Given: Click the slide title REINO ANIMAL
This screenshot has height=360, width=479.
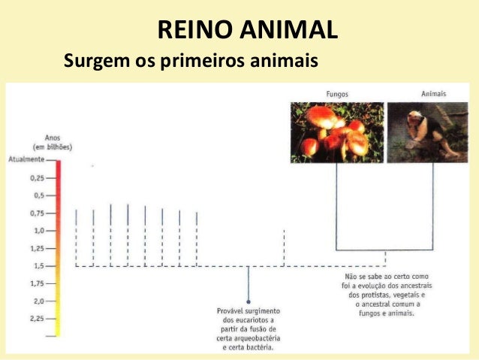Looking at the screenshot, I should coord(247,31).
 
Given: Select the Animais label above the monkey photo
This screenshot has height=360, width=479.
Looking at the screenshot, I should coord(433,94).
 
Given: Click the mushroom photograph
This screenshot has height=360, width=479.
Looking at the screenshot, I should coord(337,132).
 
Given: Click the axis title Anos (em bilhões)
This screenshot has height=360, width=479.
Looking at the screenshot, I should coord(53,142).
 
